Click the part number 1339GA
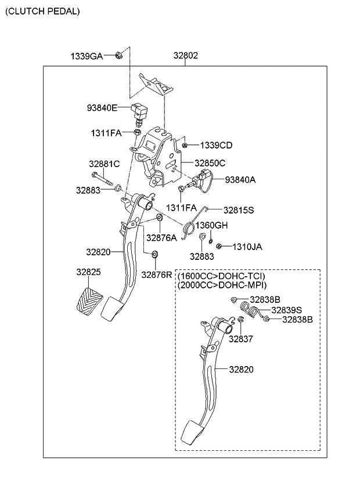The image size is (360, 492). coord(87,56)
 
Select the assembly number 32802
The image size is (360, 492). coord(185,56)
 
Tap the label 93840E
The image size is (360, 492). coord(102,108)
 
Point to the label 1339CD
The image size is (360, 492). coord(216,145)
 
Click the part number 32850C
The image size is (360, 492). coord(210,163)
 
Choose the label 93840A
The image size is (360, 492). coord(240,180)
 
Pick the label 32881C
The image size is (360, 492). coord(104,164)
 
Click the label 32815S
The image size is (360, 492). coord(239,209)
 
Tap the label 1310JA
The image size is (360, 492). coord(247,247)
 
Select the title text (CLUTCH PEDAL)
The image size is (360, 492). coord(43,11)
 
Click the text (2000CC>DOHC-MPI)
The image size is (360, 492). coord(222,285)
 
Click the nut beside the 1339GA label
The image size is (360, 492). coord(118,55)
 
